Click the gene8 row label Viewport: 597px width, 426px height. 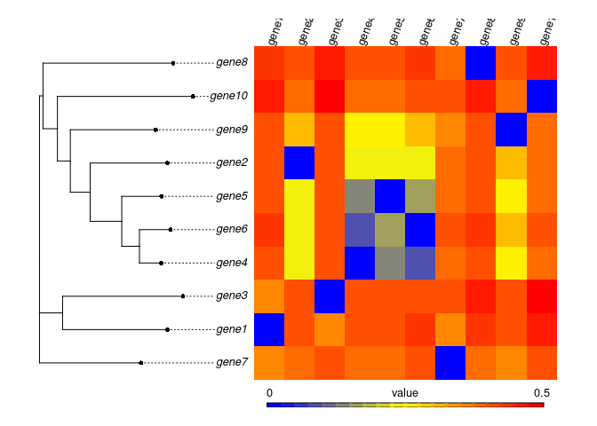231,63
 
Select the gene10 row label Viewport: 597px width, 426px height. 228,96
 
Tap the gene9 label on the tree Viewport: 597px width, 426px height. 231,130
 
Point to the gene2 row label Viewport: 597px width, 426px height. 231,162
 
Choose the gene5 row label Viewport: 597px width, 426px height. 231,196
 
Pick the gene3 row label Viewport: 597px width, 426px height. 231,296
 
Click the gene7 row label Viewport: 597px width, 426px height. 231,362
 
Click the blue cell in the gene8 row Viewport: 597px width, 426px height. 481,63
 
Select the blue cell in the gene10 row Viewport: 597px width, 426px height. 542,96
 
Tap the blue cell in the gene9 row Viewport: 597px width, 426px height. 512,130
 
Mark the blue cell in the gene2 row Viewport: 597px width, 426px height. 299,162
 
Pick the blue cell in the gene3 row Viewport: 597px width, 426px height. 330,296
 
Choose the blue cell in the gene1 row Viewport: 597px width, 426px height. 269,329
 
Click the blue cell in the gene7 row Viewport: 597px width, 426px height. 450,362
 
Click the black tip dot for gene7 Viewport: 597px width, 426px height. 141,362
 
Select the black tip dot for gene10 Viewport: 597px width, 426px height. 193,96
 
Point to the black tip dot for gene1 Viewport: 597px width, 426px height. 167,329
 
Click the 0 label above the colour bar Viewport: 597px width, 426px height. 269,391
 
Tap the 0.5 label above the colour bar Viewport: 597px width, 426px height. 542,391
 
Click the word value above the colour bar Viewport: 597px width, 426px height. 404,391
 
